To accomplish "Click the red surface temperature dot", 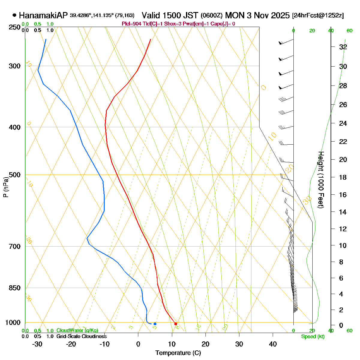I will click(x=176, y=324).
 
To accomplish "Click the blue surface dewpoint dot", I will click(x=155, y=324).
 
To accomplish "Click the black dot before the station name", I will click(x=14, y=15).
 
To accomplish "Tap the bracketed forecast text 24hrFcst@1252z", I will click(x=318, y=16).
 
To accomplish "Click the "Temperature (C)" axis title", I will click(x=178, y=353).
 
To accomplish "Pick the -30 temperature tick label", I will click(x=37, y=344).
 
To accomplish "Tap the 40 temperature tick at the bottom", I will click(x=273, y=344).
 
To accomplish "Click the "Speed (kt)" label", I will click(x=313, y=337).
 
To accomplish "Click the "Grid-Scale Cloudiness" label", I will click(x=81, y=337).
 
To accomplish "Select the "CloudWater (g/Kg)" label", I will click(x=77, y=331).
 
